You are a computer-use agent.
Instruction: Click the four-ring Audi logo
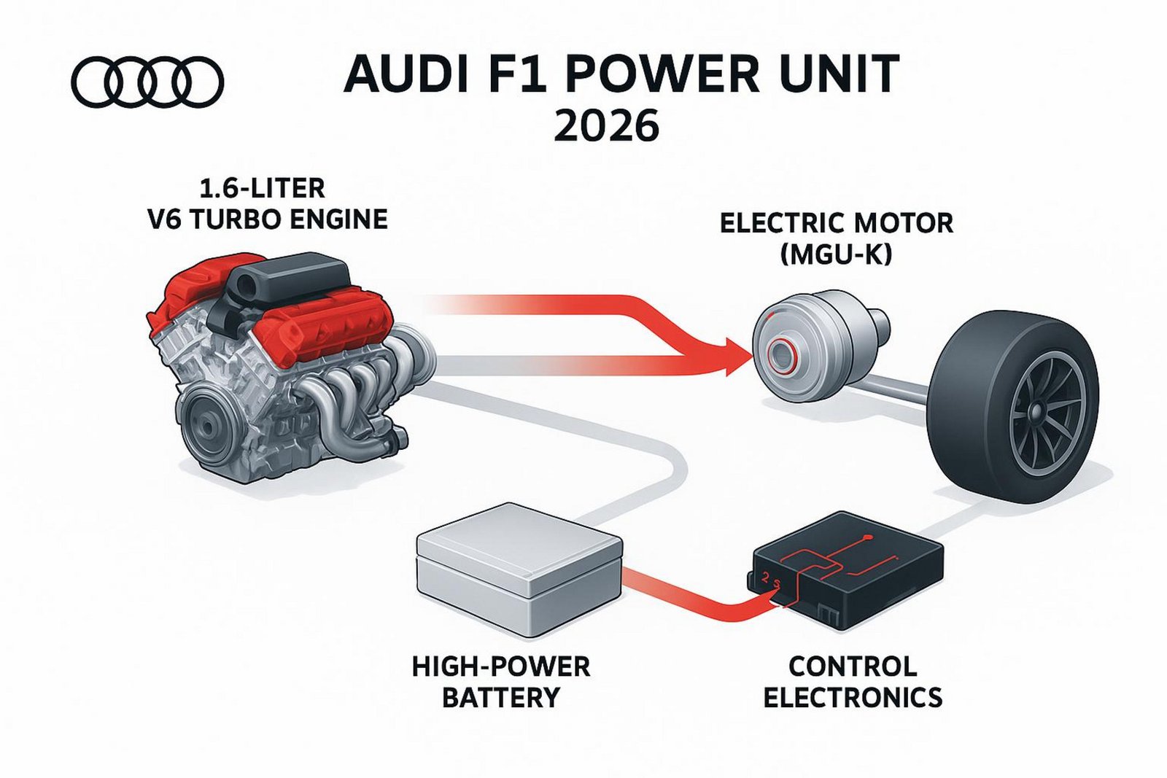click(147, 82)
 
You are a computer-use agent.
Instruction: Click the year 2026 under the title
click(606, 126)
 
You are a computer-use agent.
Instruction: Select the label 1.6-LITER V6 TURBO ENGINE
click(267, 203)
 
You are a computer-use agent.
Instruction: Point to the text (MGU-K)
click(836, 254)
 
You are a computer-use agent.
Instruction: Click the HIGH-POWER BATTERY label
click(500, 682)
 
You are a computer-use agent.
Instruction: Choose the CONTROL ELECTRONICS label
click(852, 682)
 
